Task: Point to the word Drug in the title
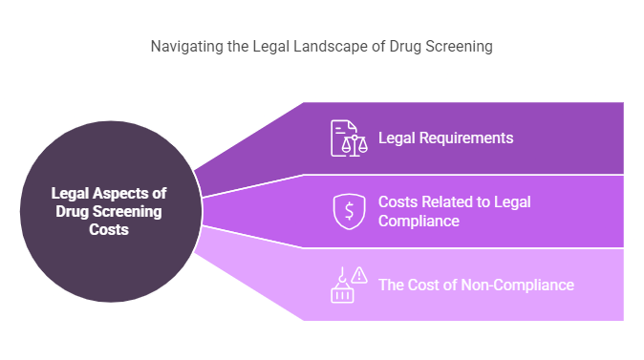tap(406, 46)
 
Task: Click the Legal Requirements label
tap(445, 138)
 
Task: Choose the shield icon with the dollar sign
tap(349, 211)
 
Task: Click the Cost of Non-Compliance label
tap(476, 284)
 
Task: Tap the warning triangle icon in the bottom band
tap(360, 275)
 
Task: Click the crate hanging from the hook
tap(342, 293)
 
